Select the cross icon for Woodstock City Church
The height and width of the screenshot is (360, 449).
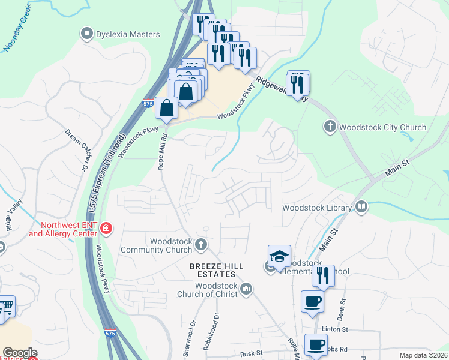pyautogui.click(x=330, y=127)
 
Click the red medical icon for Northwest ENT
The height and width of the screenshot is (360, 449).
pyautogui.click(x=106, y=229)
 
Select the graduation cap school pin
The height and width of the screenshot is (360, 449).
pyautogui.click(x=279, y=256)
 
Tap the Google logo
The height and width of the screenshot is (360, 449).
pyautogui.click(x=20, y=353)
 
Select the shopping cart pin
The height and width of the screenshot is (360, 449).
pyautogui.click(x=6, y=307)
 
